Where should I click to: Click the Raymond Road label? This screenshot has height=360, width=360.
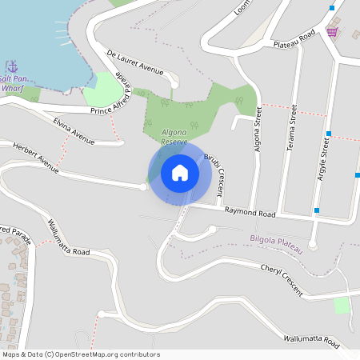click(250, 214)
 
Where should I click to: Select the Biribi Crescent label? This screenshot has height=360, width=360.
click(214, 167)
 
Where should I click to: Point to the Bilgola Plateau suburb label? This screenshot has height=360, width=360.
click(276, 244)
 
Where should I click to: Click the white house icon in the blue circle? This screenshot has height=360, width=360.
click(180, 173)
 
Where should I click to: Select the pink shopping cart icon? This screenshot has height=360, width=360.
click(332, 31)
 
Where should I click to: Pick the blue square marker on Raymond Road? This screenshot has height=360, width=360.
click(317, 210)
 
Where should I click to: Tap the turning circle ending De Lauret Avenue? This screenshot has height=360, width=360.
click(174, 84)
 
